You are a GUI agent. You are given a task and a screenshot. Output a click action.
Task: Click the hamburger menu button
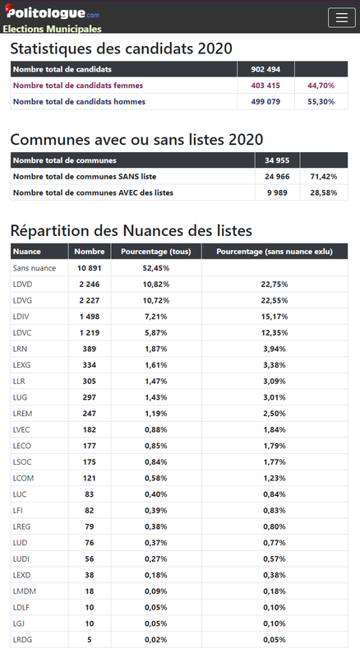coord(342,17)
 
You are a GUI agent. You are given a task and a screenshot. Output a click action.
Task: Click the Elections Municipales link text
coord(52,29)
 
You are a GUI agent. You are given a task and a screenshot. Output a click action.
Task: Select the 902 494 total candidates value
coord(265,69)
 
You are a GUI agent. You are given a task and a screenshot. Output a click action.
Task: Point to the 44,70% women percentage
coord(321,86)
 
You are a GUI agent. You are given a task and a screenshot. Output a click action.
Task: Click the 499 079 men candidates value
coord(265,101)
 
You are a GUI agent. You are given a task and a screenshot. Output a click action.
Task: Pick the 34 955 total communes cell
coord(277,160)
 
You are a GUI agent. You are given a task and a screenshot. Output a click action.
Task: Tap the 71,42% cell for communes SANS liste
coord(324,177)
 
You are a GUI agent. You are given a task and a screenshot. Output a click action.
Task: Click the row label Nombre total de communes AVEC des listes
coord(93,192)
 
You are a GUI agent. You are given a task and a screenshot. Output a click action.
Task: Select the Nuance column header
coord(27,252)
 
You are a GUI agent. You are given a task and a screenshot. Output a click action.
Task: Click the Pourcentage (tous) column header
coord(156,252)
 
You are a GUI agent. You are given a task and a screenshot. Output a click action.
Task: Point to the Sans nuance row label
coord(35,268)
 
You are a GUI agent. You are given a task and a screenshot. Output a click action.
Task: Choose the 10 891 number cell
coord(90,268)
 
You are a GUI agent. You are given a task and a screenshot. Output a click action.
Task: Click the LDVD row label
coord(23,284)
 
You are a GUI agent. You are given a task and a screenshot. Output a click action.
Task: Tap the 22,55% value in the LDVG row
coord(275,300)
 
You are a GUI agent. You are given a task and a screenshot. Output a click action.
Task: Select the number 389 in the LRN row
coord(90,349)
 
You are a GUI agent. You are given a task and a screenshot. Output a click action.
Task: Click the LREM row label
coord(23,414)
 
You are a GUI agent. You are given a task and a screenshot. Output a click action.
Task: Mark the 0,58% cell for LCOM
coord(156,478)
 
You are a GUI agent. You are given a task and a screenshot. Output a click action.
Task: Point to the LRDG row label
coord(23,640)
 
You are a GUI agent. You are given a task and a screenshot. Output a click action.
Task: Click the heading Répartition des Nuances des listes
coord(132,230)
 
